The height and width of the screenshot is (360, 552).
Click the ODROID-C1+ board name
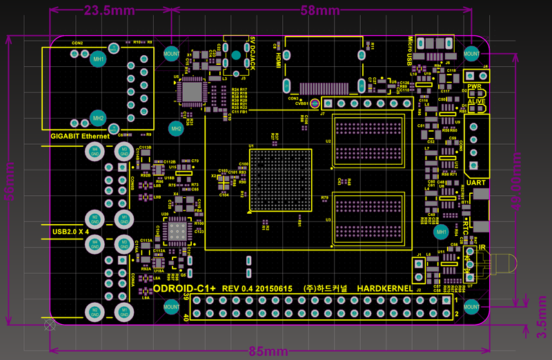pyautogui.click(x=184, y=288)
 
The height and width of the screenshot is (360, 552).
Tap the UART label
pyautogui.click(x=475, y=183)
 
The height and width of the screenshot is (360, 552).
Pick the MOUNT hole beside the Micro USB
pyautogui.click(x=472, y=53)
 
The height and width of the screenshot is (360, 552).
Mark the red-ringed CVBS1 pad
pyautogui.click(x=315, y=103)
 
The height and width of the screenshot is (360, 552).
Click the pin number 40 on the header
pyautogui.click(x=186, y=317)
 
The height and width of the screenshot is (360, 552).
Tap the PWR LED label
pyautogui.click(x=474, y=87)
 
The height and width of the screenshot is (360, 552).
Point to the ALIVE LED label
pyautogui.click(x=476, y=101)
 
